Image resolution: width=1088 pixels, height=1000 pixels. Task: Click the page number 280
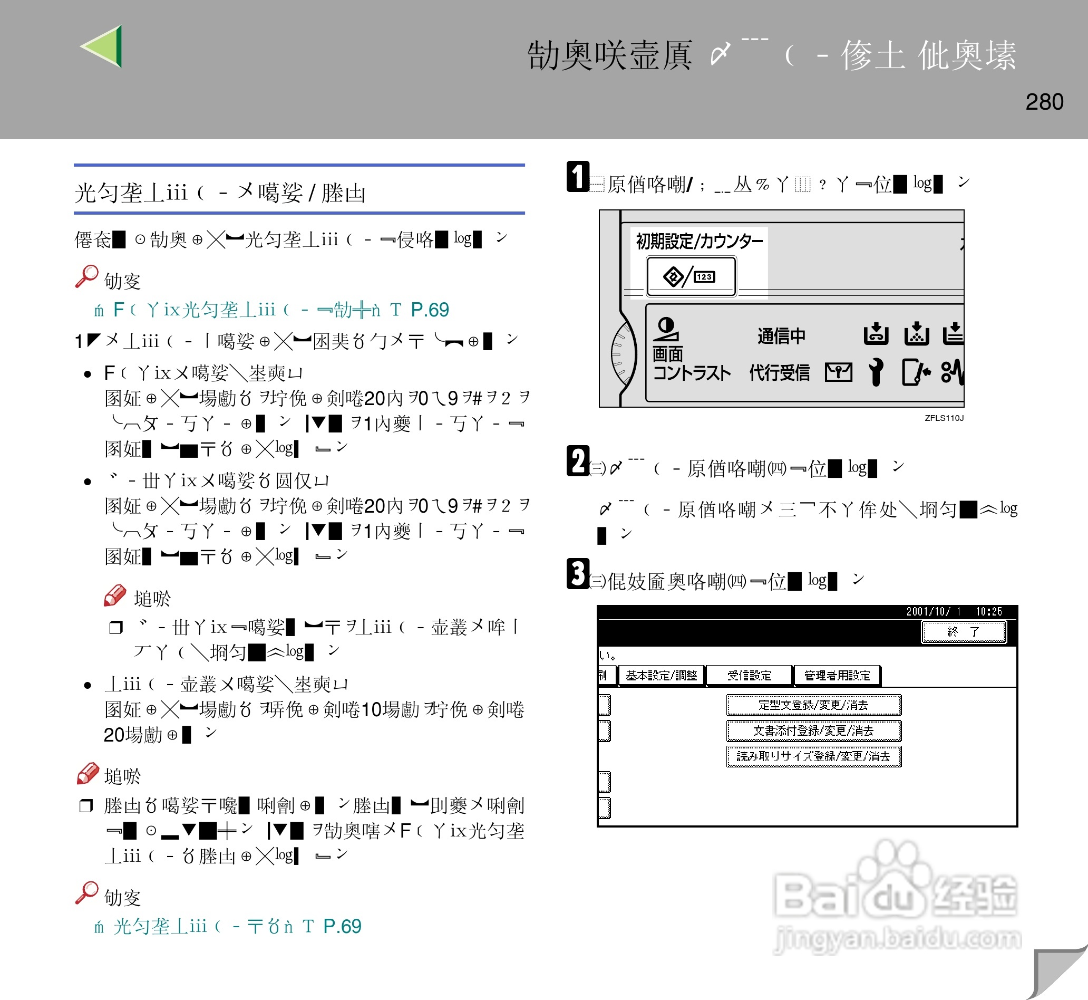click(1044, 102)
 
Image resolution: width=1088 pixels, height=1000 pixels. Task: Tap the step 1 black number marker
click(577, 176)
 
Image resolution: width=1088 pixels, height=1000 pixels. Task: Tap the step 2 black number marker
click(577, 461)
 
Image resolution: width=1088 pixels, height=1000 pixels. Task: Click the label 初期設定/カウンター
click(698, 242)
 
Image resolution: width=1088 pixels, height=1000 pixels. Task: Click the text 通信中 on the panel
click(781, 336)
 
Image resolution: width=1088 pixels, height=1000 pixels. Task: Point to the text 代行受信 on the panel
click(779, 372)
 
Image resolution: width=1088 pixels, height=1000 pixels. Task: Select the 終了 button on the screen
click(963, 631)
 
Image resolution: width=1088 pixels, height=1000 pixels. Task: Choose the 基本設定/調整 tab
click(661, 675)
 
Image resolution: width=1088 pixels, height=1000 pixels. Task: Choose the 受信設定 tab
click(749, 675)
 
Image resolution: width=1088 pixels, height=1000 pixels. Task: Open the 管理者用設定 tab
click(837, 675)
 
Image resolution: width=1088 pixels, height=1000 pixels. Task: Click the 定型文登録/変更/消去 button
click(813, 705)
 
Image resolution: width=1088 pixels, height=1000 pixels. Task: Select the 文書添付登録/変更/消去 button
click(813, 730)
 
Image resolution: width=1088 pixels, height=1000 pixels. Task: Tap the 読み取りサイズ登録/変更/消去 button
click(813, 756)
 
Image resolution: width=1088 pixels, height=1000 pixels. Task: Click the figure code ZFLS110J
click(944, 418)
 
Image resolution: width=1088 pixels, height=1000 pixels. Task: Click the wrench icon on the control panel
click(876, 372)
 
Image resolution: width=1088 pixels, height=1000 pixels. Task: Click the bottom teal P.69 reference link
click(342, 926)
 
